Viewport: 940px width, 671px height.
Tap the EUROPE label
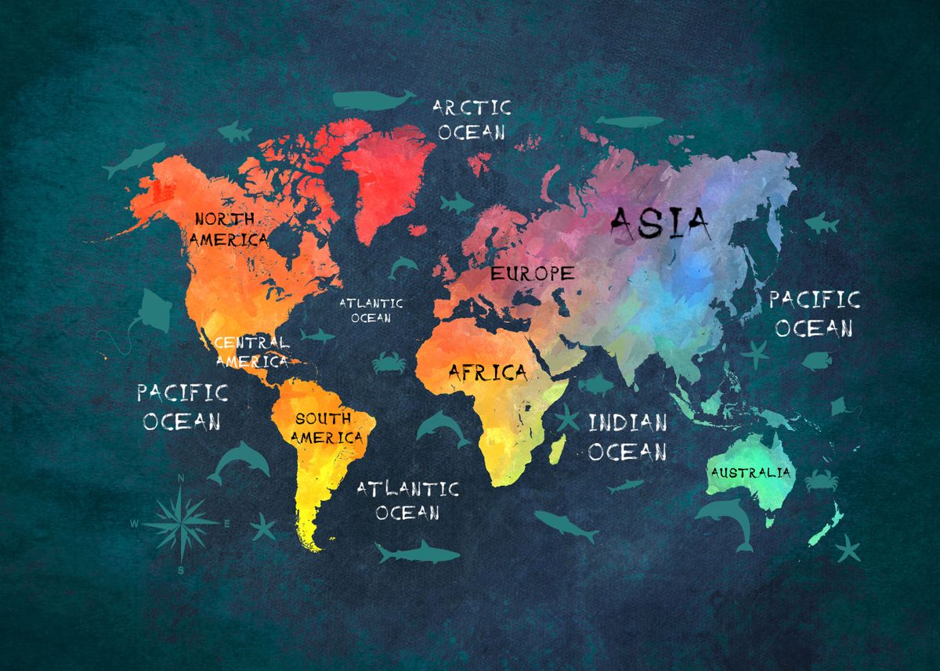point(532,273)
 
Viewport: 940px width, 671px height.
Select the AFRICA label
point(487,373)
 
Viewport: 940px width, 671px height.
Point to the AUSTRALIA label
point(750,472)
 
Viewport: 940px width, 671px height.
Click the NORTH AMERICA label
point(230,229)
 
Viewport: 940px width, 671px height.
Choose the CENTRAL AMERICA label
point(251,352)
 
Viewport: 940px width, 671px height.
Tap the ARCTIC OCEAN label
point(472,119)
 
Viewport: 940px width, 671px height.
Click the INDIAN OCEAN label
point(627,437)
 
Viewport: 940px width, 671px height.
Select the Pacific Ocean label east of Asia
point(814,313)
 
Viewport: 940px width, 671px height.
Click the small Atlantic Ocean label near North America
point(371,310)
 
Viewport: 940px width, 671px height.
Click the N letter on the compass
point(182,478)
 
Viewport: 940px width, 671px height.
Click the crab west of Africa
point(386,362)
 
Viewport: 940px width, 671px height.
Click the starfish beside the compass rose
point(263,527)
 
